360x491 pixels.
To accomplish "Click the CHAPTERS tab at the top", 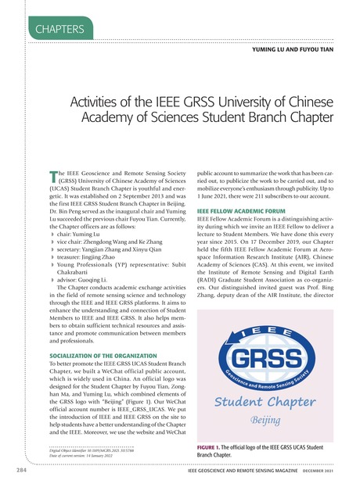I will coord(59,29).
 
